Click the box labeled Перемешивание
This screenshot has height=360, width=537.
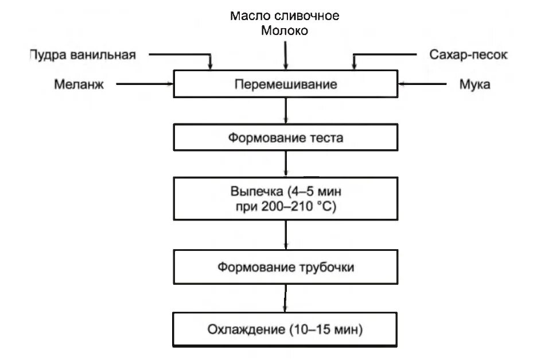pyautogui.click(x=285, y=84)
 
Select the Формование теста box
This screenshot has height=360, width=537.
pyautogui.click(x=285, y=138)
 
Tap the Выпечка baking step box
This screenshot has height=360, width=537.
pyautogui.click(x=285, y=198)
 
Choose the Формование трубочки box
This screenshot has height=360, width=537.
pyautogui.click(x=285, y=268)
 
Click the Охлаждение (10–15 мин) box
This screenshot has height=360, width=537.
pyautogui.click(x=285, y=330)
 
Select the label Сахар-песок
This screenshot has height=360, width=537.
pyautogui.click(x=468, y=55)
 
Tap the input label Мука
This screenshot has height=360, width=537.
pyautogui.click(x=474, y=84)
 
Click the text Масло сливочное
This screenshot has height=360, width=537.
pyautogui.click(x=285, y=16)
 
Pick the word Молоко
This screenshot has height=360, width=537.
pyautogui.click(x=285, y=31)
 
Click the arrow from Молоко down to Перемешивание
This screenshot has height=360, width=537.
pyautogui.click(x=285, y=55)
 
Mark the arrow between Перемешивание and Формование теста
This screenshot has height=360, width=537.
pyautogui.click(x=285, y=111)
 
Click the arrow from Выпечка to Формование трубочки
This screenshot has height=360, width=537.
pyautogui.click(x=285, y=234)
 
